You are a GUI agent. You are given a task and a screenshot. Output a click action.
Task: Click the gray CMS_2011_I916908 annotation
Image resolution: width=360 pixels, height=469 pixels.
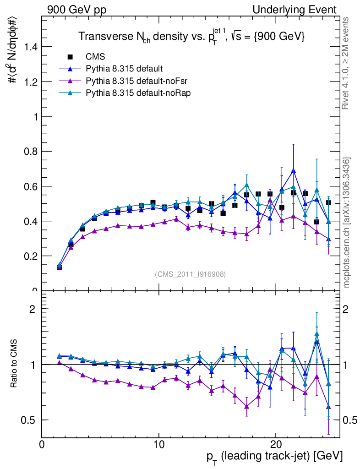pos(190,274)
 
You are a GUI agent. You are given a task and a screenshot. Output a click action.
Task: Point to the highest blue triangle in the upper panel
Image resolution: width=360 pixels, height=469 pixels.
pos(293,171)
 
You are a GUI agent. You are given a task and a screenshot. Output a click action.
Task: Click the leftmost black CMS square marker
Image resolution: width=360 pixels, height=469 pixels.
pos(59,267)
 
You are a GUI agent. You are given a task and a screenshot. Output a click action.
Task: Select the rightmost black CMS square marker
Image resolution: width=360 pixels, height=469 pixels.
pos(328,202)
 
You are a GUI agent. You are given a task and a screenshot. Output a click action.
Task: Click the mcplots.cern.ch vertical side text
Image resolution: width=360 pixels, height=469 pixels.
pos(347,223)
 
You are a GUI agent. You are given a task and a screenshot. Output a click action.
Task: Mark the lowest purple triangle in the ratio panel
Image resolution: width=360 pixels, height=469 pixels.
pos(328,406)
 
